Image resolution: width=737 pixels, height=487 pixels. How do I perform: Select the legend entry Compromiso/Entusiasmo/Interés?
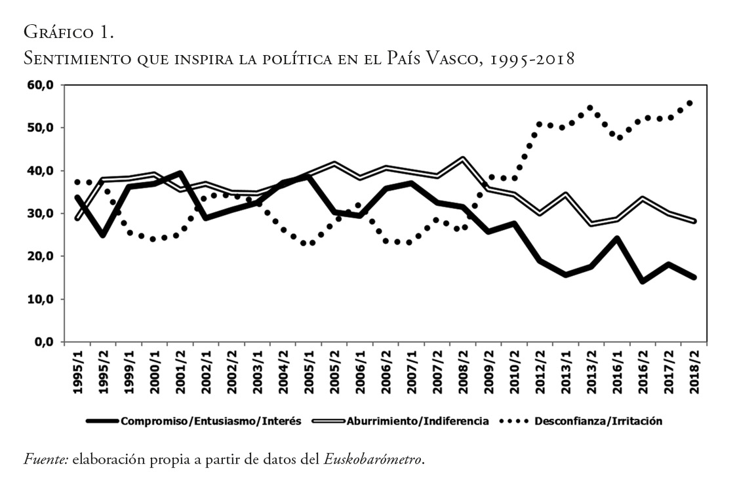click(x=210, y=421)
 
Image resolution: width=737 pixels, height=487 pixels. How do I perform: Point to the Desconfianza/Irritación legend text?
click(x=598, y=421)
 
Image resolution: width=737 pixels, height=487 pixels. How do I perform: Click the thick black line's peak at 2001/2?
click(x=180, y=173)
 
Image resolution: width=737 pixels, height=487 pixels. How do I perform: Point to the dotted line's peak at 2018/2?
click(x=690, y=103)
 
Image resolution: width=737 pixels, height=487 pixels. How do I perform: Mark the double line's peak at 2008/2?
click(x=464, y=159)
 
